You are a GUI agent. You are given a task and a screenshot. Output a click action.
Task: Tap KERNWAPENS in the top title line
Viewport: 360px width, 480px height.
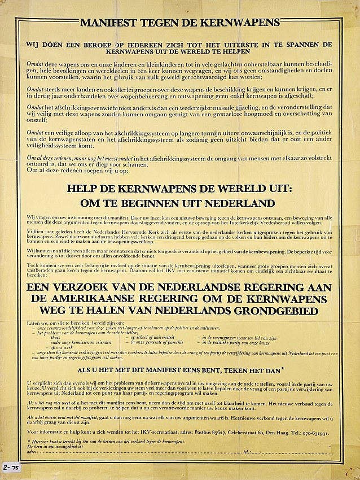(248, 23)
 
